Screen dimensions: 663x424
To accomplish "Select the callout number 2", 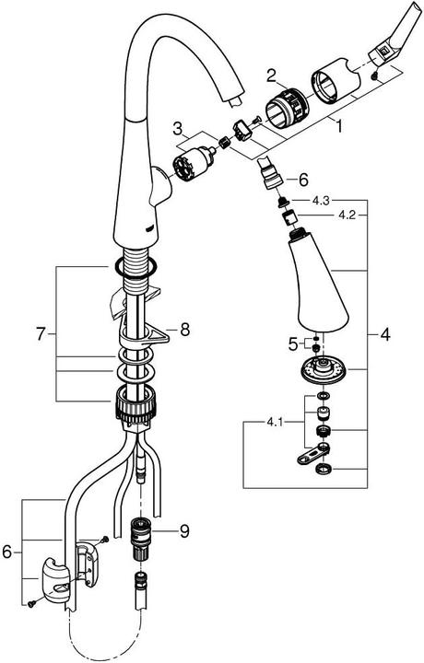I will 271,75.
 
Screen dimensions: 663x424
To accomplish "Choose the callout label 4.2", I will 347,215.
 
